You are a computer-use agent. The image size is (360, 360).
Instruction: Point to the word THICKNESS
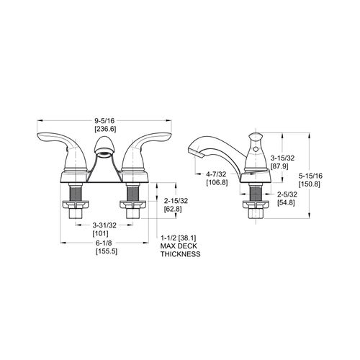[181, 254]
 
